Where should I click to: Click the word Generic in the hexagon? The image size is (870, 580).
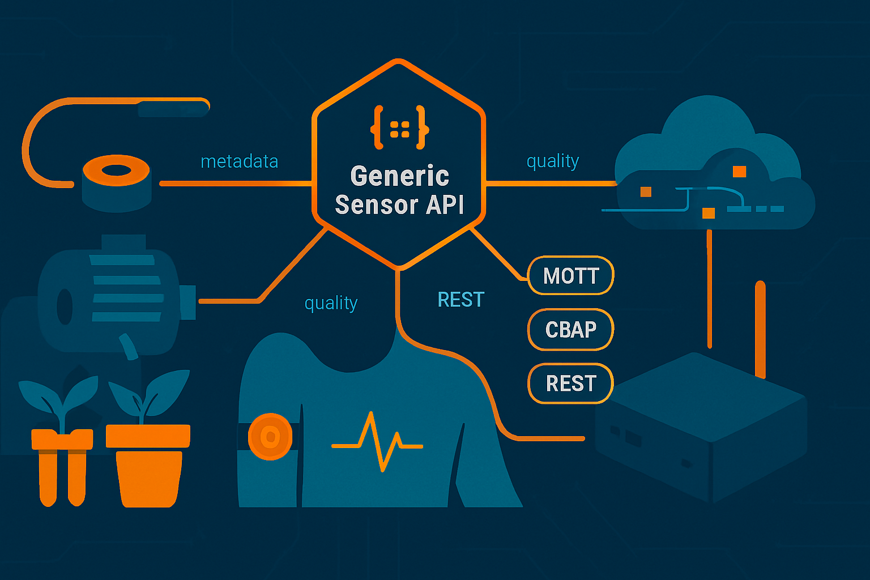point(399,176)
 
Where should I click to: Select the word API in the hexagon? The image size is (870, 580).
point(445,204)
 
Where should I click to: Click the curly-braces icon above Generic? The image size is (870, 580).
point(399,127)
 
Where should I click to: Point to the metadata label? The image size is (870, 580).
point(239,162)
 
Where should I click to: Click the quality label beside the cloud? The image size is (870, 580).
point(552,162)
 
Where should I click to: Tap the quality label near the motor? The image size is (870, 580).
point(331,304)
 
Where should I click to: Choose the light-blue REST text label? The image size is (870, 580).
point(460,300)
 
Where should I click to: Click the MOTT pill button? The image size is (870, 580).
point(570,276)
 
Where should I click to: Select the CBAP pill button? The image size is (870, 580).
point(570,330)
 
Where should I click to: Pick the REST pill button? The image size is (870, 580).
point(570,383)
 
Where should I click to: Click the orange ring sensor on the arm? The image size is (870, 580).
point(270,436)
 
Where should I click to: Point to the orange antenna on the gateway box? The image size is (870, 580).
point(760,329)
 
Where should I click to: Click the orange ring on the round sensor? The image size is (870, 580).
point(116,170)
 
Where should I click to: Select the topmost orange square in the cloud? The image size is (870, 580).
point(739,171)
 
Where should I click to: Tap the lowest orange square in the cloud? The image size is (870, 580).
point(708,213)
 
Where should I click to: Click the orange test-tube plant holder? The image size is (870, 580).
point(62,464)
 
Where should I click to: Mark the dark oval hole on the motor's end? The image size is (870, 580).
point(65,307)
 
